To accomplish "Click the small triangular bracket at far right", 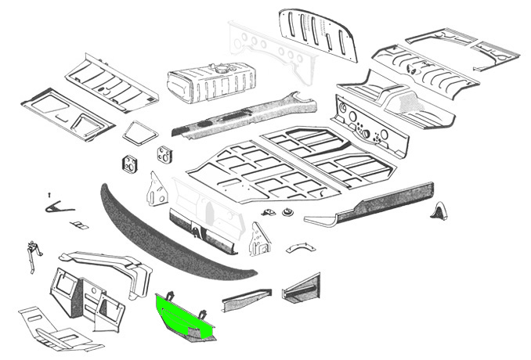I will [x=442, y=211].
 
